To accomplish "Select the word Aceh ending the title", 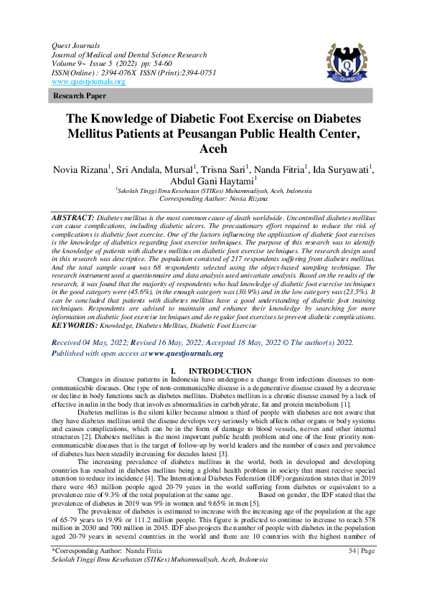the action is coord(213,149).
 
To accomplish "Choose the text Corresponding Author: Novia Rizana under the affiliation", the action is coord(214,199).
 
